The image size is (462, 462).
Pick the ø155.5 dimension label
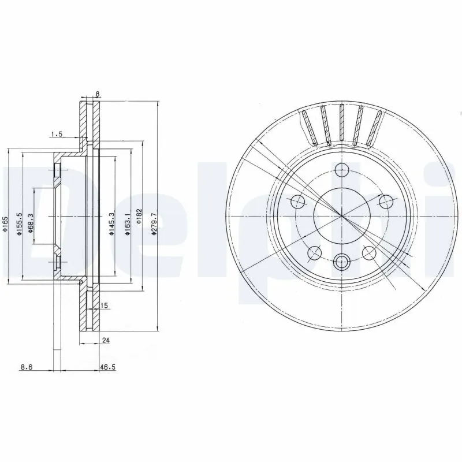tap(18, 223)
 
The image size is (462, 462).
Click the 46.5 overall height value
tap(106, 366)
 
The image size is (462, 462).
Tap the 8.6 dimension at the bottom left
tap(26, 366)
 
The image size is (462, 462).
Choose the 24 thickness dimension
tap(105, 341)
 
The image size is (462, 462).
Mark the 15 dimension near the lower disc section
tap(105, 305)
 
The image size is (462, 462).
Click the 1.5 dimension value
tap(56, 134)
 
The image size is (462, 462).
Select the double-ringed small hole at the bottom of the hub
tap(342, 262)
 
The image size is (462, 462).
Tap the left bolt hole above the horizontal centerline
tap(298, 201)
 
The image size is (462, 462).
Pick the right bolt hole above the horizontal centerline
tap(385, 201)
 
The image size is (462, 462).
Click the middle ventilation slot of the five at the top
tap(342, 124)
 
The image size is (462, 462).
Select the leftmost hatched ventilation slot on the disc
tap(308, 127)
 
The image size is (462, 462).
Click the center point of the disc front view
tap(342, 216)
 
